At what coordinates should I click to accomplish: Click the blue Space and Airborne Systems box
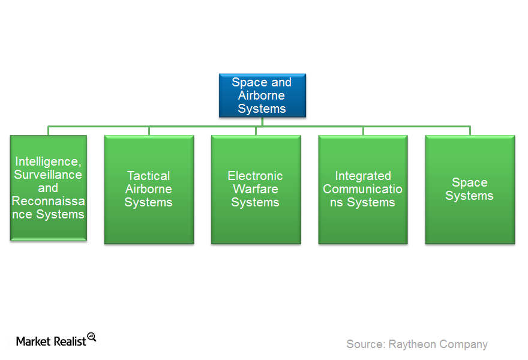pos(262,95)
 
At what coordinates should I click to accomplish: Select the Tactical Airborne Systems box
pos(149,190)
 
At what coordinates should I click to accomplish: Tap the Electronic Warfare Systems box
pos(256,190)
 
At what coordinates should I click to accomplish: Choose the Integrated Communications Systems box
pos(362,190)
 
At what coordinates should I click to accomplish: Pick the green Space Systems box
pos(470,190)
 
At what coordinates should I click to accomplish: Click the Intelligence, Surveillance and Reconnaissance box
pos(49,188)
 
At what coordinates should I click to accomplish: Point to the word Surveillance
pos(48,175)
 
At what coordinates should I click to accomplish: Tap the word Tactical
pos(149,176)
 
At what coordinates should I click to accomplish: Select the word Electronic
pos(255,176)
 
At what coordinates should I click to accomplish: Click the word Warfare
pos(256,189)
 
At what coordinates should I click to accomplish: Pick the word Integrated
pos(363,176)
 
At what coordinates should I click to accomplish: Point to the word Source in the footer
pos(365,344)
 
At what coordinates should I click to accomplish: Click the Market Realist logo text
pos(51,341)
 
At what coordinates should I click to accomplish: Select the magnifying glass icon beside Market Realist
pos(92,337)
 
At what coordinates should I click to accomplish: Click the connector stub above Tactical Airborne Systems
pos(149,131)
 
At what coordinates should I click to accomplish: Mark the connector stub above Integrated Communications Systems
pos(363,131)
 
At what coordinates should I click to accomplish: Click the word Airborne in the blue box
pos(262,95)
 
